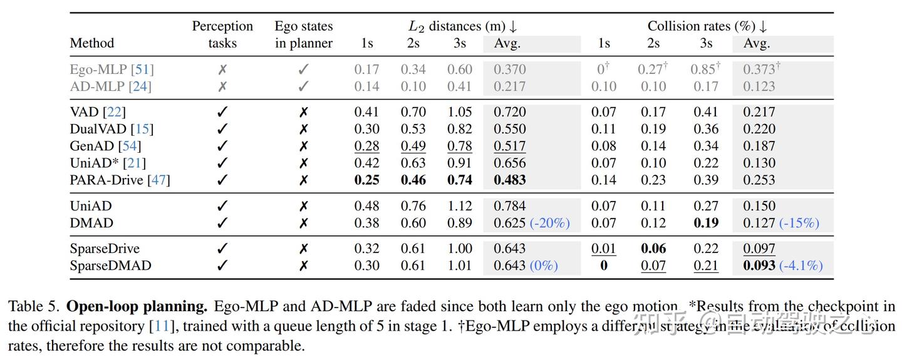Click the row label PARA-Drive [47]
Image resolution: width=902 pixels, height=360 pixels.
point(120,180)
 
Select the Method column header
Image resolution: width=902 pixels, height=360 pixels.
point(92,43)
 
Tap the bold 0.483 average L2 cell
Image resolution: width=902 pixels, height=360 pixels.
point(509,180)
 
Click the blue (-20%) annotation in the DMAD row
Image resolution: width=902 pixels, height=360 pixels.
point(549,223)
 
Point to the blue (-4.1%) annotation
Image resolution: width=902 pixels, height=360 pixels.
point(801,265)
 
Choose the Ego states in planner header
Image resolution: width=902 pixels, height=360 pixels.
point(303,34)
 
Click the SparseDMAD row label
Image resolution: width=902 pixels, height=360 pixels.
point(110,265)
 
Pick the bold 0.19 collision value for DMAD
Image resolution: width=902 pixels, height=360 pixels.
point(706,223)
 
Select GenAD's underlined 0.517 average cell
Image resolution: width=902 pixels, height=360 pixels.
point(509,147)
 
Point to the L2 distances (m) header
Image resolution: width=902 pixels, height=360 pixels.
point(463,26)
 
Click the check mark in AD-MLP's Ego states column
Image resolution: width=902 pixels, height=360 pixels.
point(303,86)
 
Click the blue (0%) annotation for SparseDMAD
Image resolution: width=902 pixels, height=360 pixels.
point(543,265)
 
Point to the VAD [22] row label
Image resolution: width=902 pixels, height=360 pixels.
point(97,112)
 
